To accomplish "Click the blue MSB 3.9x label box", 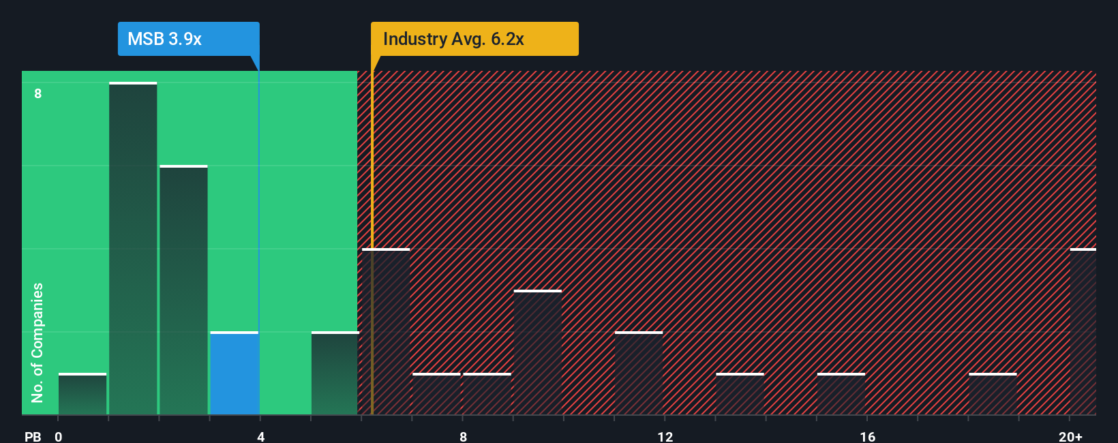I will (x=188, y=39).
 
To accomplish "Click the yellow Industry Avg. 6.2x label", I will (x=474, y=39).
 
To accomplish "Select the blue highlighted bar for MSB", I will (x=234, y=373).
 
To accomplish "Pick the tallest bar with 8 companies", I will (x=133, y=249).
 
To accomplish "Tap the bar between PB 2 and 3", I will (x=183, y=290).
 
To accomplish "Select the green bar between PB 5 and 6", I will (x=335, y=373).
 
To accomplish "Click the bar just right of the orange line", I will (x=387, y=332).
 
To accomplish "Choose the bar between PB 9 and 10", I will (x=538, y=352).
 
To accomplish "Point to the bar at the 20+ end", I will (x=1083, y=332).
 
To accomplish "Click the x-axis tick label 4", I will (x=260, y=436).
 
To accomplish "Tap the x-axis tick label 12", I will (x=665, y=436).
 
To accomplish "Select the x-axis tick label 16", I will (x=867, y=436).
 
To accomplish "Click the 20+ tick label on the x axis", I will (x=1070, y=436).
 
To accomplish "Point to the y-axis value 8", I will (x=38, y=93).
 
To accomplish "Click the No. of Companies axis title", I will (x=37, y=342).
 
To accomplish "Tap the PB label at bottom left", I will (x=33, y=436).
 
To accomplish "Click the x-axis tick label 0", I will (x=59, y=436).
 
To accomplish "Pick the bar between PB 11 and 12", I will (x=639, y=373).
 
